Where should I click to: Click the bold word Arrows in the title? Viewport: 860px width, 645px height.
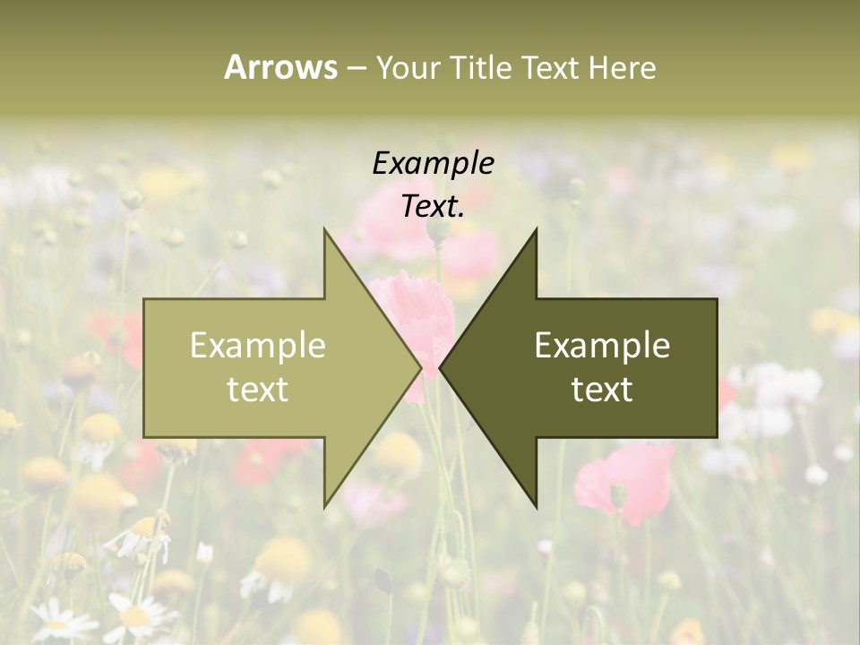point(280,67)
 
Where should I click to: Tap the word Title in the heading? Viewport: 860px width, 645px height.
point(481,67)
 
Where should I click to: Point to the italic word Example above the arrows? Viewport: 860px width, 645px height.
point(433,163)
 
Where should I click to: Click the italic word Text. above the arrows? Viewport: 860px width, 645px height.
point(433,206)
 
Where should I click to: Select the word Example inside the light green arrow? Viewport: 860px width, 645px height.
point(257,345)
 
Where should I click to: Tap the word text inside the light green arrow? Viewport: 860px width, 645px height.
point(257,389)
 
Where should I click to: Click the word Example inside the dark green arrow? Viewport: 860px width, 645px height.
point(602,345)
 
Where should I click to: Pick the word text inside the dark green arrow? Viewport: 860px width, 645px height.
point(602,389)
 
